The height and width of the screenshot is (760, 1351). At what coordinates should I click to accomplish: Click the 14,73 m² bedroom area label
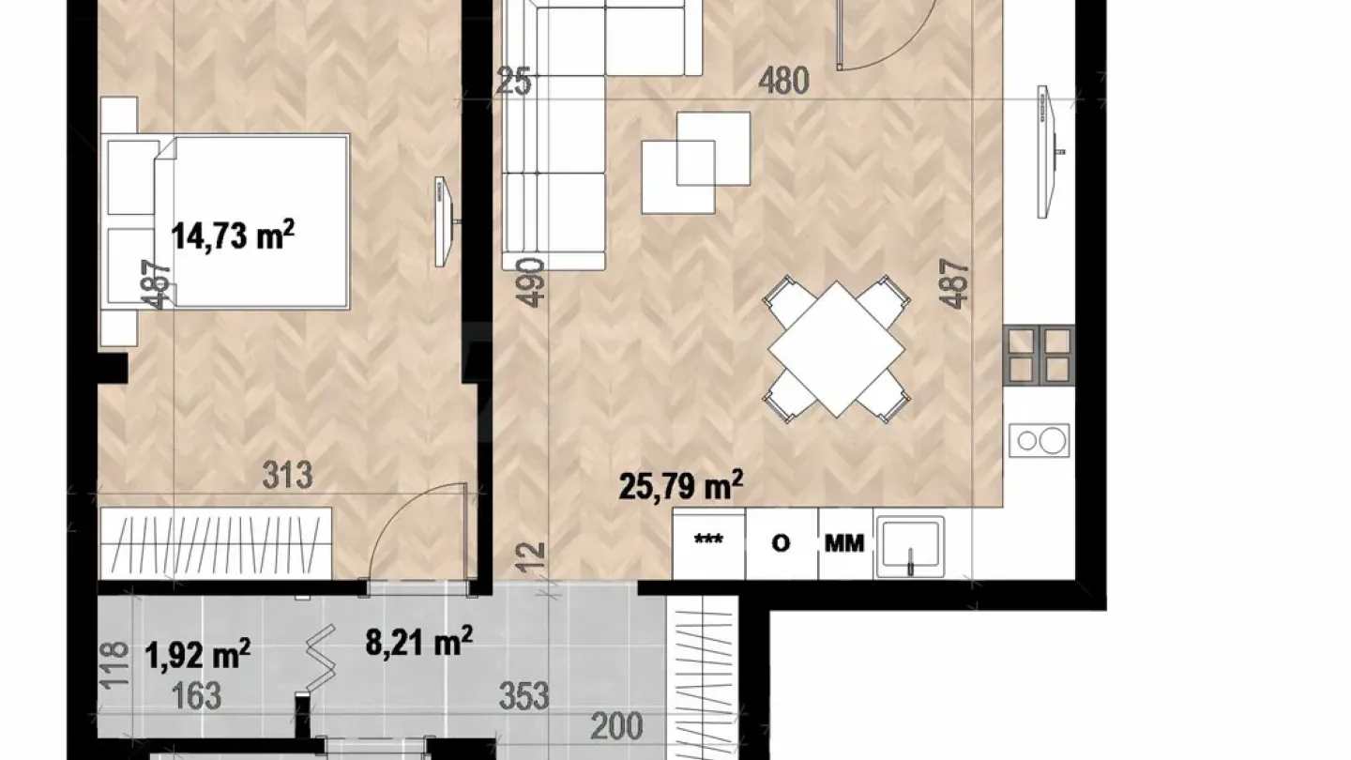point(234,235)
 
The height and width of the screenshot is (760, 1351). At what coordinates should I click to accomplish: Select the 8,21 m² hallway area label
point(417,643)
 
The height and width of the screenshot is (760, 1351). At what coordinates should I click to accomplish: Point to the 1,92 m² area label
point(197,653)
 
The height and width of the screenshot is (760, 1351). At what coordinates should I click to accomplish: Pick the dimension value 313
point(287,476)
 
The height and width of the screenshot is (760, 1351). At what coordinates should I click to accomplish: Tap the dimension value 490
point(532,281)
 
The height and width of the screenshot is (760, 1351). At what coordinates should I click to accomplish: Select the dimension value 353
point(524,696)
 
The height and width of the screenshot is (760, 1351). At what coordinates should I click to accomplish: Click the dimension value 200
point(616,725)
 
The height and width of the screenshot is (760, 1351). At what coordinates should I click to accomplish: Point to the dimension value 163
point(197,696)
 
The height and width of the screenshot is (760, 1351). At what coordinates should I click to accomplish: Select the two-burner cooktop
point(1040,439)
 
